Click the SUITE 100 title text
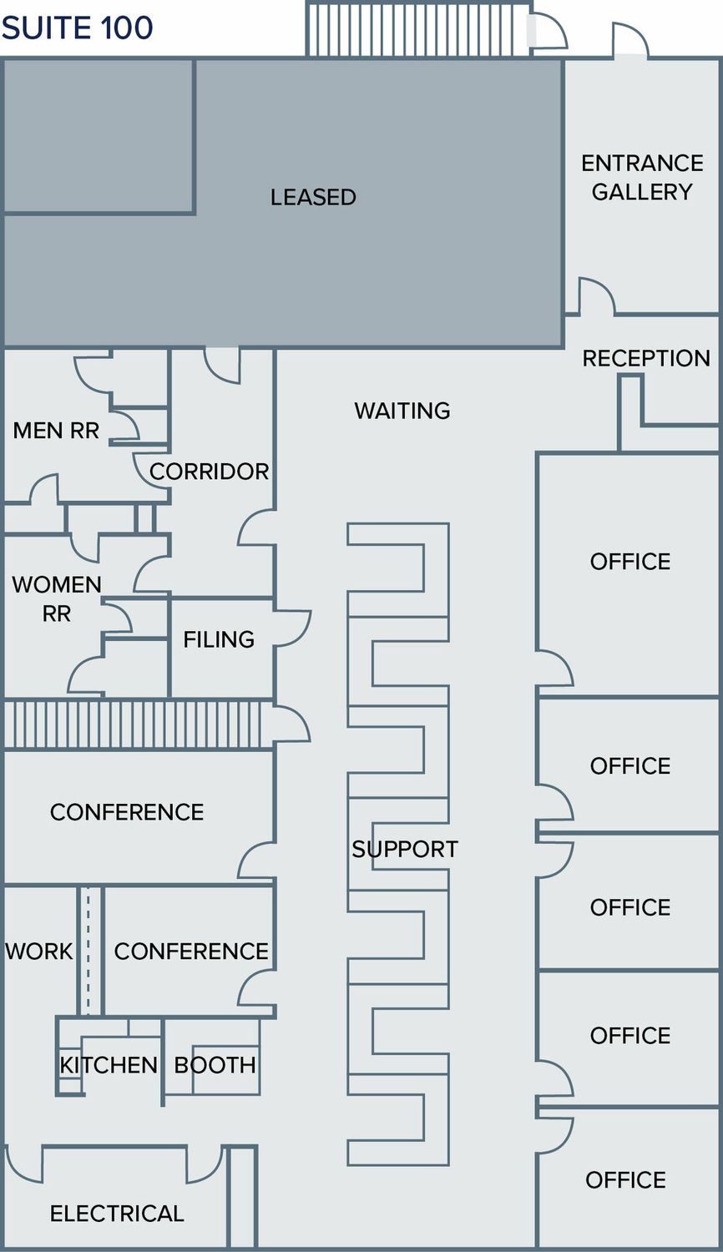(x=77, y=28)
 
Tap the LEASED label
(x=313, y=197)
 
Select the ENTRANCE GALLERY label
(x=642, y=177)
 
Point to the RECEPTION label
(x=646, y=358)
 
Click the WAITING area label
(x=402, y=411)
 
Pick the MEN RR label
(x=56, y=431)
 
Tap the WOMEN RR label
(x=57, y=599)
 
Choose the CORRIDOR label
(x=209, y=472)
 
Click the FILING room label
(x=219, y=639)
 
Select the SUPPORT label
(x=405, y=849)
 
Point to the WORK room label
(x=39, y=952)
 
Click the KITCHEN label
(x=109, y=1065)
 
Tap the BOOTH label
(x=215, y=1065)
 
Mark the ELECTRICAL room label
(x=117, y=1214)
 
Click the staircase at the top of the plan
(x=418, y=30)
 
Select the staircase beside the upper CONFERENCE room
(x=138, y=724)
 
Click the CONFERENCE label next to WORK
(x=191, y=952)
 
